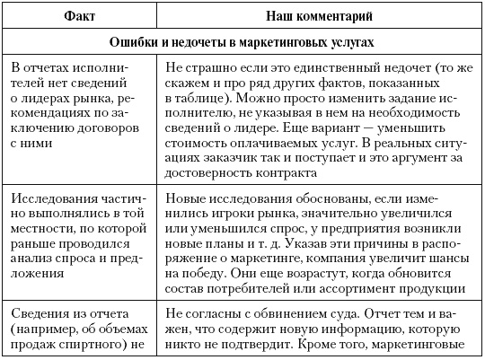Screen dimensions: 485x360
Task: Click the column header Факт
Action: click(81, 15)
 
